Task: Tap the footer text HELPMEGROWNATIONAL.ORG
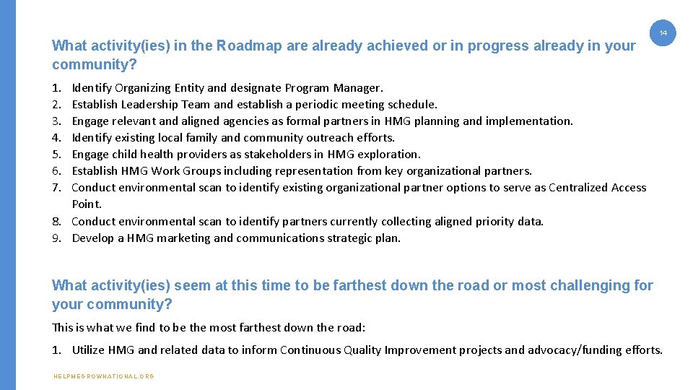pos(103,376)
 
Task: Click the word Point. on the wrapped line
pos(87,204)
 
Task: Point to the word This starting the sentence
pos(63,327)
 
